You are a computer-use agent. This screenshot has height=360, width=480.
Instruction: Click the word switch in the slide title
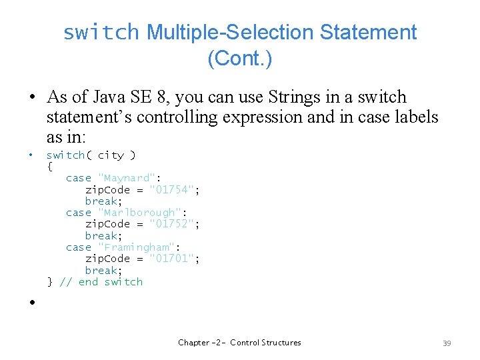(x=101, y=32)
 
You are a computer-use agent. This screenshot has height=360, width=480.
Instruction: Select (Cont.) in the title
(x=239, y=59)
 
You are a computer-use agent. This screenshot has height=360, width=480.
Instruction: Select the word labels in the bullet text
(x=411, y=117)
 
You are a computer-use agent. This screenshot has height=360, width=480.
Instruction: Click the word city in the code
(x=111, y=155)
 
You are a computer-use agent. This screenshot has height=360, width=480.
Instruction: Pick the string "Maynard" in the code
(x=129, y=178)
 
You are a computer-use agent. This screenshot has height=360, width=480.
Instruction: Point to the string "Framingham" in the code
(x=139, y=247)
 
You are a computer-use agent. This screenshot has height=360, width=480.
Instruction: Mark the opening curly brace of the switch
(x=49, y=167)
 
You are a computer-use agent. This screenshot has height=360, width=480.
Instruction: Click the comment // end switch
(x=101, y=282)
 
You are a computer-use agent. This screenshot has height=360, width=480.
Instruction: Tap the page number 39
(x=447, y=343)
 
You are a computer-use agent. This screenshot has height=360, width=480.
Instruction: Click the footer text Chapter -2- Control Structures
(x=239, y=343)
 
